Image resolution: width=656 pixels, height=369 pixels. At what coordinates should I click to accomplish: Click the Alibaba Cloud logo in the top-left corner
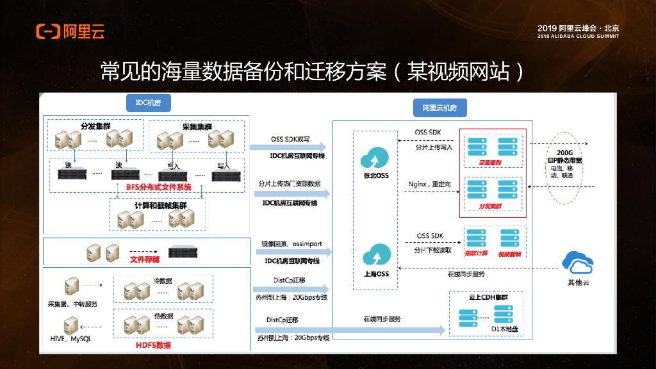coord(70,31)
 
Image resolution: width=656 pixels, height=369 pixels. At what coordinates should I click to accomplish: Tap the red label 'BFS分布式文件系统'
coord(158,187)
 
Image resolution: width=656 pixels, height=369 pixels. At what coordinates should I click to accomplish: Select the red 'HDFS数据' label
coord(154,345)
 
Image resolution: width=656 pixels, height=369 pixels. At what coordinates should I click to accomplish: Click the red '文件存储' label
coord(145,259)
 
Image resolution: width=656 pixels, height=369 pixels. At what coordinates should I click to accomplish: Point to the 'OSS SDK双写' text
coord(290,139)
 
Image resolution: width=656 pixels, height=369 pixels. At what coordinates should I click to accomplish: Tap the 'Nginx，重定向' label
coord(430,184)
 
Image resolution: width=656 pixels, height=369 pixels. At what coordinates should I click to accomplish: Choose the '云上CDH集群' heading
coord(487,298)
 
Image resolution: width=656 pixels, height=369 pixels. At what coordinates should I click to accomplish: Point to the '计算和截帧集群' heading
coord(161,206)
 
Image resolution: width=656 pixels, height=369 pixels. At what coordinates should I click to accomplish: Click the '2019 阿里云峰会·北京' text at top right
coord(578,28)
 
